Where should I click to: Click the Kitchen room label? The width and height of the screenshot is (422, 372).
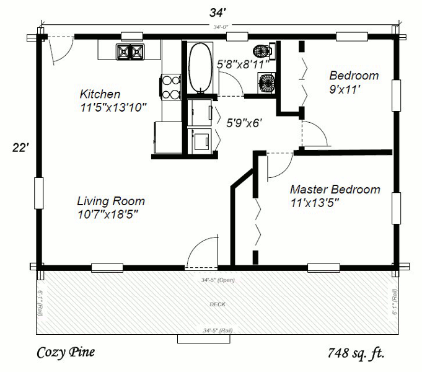coord(100,94)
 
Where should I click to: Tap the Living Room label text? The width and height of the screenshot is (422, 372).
coord(111,201)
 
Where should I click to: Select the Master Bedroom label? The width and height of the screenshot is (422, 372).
coord(335,189)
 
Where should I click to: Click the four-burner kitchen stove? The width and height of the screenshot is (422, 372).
coord(170,87)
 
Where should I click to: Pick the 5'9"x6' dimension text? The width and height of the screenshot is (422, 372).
coord(245,123)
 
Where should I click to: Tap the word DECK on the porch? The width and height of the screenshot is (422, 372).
coord(217,304)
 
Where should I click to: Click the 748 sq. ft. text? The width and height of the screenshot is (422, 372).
coord(356,354)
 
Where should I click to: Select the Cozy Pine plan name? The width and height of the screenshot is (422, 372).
coord(66,353)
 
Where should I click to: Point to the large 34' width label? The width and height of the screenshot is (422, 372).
coord(216,11)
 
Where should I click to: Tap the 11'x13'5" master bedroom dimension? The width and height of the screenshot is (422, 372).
coord(314,202)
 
